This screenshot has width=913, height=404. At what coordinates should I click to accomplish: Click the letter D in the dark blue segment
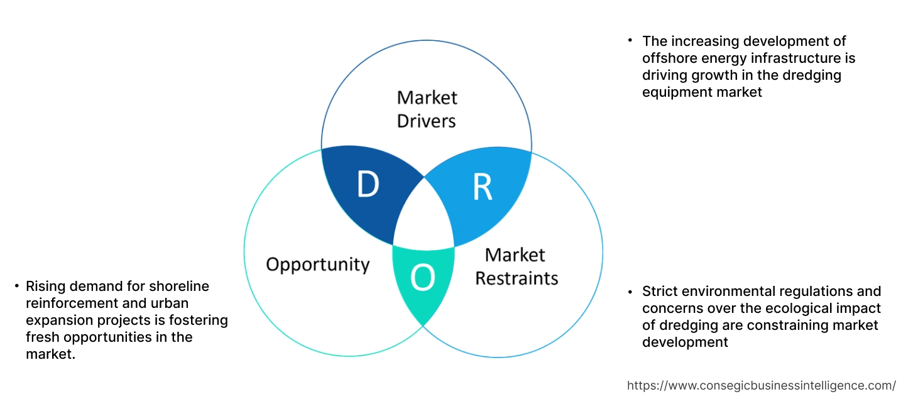click(x=368, y=184)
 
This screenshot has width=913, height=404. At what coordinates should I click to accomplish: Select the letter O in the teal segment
click(x=423, y=278)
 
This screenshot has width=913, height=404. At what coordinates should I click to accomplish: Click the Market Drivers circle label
click(x=427, y=109)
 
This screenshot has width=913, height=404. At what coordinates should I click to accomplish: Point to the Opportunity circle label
click(x=317, y=264)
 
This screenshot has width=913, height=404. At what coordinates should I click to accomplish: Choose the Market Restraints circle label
click(x=516, y=266)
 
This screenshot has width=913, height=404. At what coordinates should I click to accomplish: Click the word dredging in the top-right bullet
click(x=810, y=75)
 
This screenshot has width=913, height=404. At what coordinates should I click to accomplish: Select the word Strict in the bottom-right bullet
click(x=660, y=292)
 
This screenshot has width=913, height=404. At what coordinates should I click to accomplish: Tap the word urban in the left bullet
click(x=134, y=303)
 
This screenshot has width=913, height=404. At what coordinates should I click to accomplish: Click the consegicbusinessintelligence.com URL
click(x=762, y=386)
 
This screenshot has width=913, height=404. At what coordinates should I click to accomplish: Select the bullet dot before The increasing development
click(x=630, y=41)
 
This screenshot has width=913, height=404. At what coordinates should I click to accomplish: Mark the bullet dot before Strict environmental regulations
click(x=630, y=292)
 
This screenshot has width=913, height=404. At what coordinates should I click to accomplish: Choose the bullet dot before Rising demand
click(x=16, y=287)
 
